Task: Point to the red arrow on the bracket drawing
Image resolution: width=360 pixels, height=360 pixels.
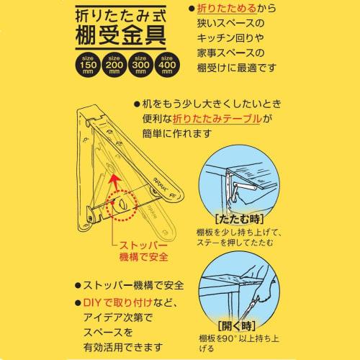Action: pyautogui.click(x=113, y=178)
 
